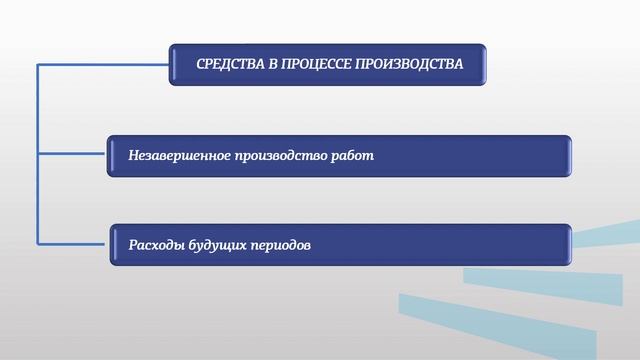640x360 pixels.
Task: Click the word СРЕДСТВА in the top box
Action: click(x=230, y=64)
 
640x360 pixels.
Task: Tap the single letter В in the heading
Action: click(x=273, y=64)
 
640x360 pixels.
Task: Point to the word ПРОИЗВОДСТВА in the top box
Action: click(x=410, y=64)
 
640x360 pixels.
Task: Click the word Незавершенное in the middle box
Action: click(x=179, y=156)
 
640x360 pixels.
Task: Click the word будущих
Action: click(x=221, y=244)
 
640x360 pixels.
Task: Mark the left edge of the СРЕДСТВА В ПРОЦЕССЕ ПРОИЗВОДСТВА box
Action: click(x=172, y=64)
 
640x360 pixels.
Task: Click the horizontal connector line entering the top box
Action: click(x=100, y=64)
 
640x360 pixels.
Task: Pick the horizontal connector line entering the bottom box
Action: click(x=75, y=243)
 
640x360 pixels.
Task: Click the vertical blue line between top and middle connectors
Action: click(x=38, y=110)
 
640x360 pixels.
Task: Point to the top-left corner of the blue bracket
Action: click(x=38, y=64)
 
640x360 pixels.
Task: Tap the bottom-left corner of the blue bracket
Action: click(x=38, y=243)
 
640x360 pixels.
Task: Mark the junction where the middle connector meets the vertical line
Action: click(x=38, y=155)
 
